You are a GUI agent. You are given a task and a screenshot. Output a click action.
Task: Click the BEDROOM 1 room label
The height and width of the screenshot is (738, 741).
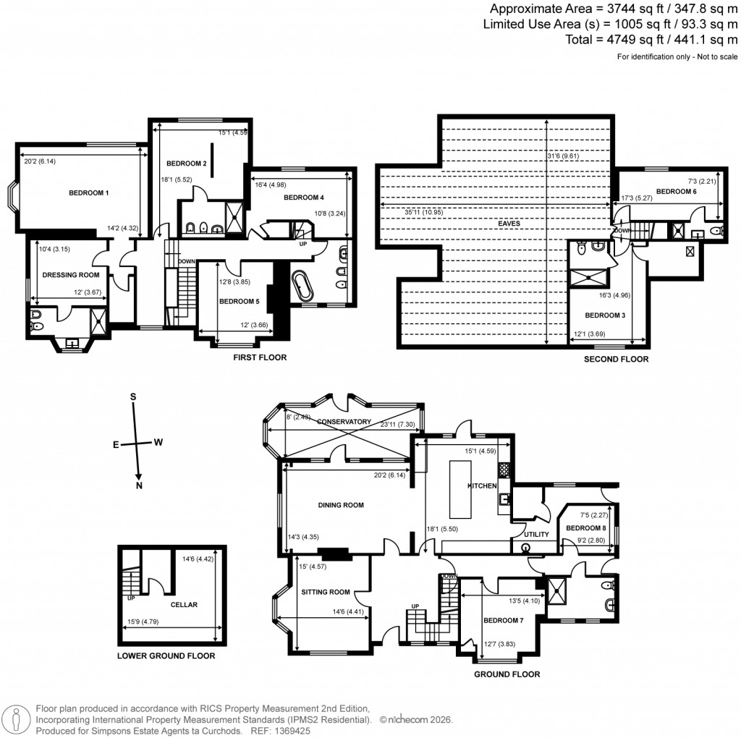pos(88,193)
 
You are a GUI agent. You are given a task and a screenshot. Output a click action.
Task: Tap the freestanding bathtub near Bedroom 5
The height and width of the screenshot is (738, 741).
pos(302,286)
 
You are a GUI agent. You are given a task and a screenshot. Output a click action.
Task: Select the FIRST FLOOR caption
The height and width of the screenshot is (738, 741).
pos(259,357)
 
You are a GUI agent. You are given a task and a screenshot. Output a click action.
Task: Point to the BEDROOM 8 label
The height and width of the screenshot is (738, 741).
pos(585,528)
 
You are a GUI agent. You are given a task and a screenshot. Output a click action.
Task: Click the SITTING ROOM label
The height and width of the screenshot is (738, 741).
pos(326,592)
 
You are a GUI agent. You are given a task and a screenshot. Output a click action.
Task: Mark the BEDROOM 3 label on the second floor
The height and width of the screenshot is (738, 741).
pos(604,315)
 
